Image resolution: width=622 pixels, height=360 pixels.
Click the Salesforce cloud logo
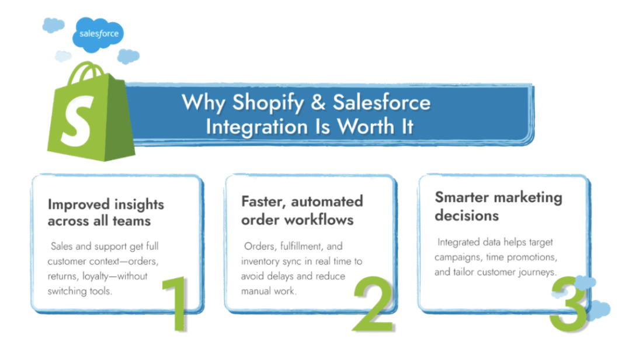98,35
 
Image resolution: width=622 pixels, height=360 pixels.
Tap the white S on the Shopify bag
77,120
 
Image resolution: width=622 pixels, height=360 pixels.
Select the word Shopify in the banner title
268,103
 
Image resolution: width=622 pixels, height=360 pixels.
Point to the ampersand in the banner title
318,102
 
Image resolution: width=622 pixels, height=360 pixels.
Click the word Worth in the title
366,127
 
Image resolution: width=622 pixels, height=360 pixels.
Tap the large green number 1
176,304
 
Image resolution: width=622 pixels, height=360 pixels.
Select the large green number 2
373,304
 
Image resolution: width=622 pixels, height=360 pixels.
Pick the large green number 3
568,304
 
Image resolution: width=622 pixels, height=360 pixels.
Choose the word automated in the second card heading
327,202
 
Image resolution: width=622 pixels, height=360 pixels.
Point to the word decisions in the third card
467,216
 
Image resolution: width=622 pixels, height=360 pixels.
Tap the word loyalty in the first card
95,276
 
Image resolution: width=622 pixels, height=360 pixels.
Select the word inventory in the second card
260,262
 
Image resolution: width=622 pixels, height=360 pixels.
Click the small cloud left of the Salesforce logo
53,25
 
